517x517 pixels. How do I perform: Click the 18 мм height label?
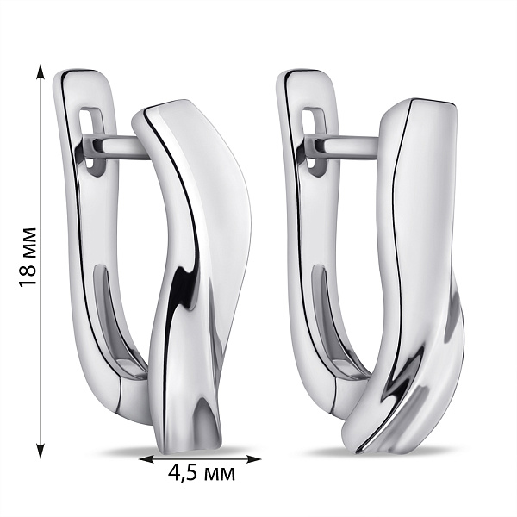pyautogui.click(x=28, y=257)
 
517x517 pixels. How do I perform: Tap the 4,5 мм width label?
pyautogui.click(x=202, y=474)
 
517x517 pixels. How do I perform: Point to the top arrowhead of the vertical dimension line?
pyautogui.click(x=40, y=71)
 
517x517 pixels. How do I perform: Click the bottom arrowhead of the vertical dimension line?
pyautogui.click(x=40, y=451)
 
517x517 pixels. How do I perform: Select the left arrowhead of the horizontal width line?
pyautogui.click(x=146, y=459)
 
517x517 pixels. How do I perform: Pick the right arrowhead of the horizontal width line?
pyautogui.click(x=254, y=458)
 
